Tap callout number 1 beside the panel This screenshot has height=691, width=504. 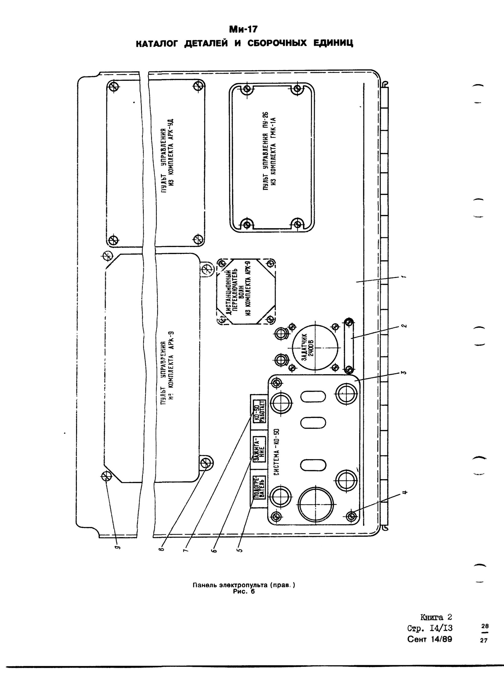coord(403,276)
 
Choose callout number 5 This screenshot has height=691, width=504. coord(240,550)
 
